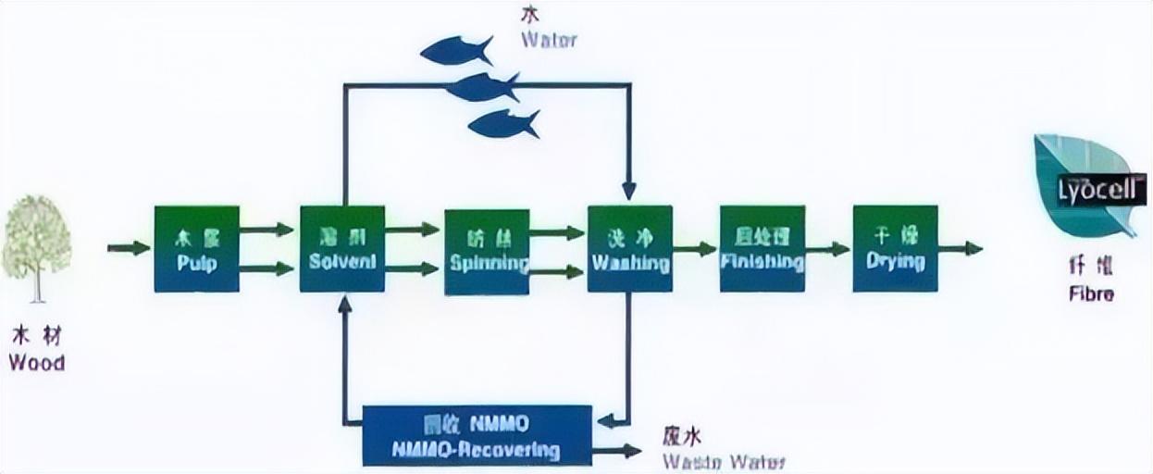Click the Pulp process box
(x=196, y=248)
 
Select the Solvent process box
(x=342, y=248)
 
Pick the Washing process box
(x=629, y=248)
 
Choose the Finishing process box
(x=762, y=248)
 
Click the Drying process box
(x=895, y=248)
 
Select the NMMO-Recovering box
(x=477, y=435)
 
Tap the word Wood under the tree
(x=37, y=362)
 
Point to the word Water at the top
(x=549, y=40)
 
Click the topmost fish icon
(x=456, y=51)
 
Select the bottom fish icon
(x=503, y=123)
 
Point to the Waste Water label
(x=725, y=461)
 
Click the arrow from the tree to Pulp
(x=129, y=248)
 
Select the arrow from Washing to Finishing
(x=695, y=248)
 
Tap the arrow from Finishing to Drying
(x=827, y=248)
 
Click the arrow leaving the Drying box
(x=960, y=248)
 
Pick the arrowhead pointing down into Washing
(x=629, y=191)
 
